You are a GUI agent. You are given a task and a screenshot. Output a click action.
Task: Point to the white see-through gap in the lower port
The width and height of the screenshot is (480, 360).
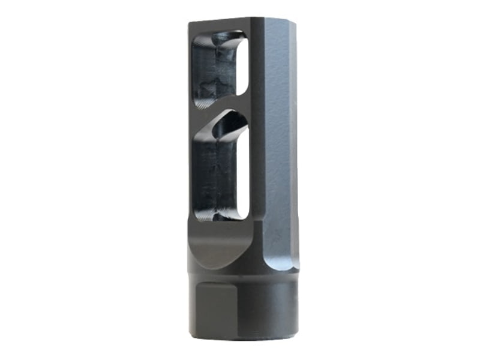(x=241, y=174)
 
